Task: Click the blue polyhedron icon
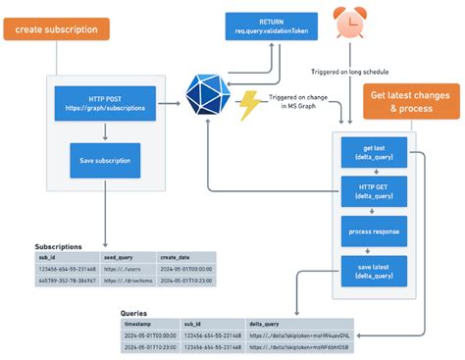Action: point(207,95)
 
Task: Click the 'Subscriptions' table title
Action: point(59,246)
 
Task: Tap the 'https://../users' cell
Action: point(119,268)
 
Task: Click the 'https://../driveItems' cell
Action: point(125,280)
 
